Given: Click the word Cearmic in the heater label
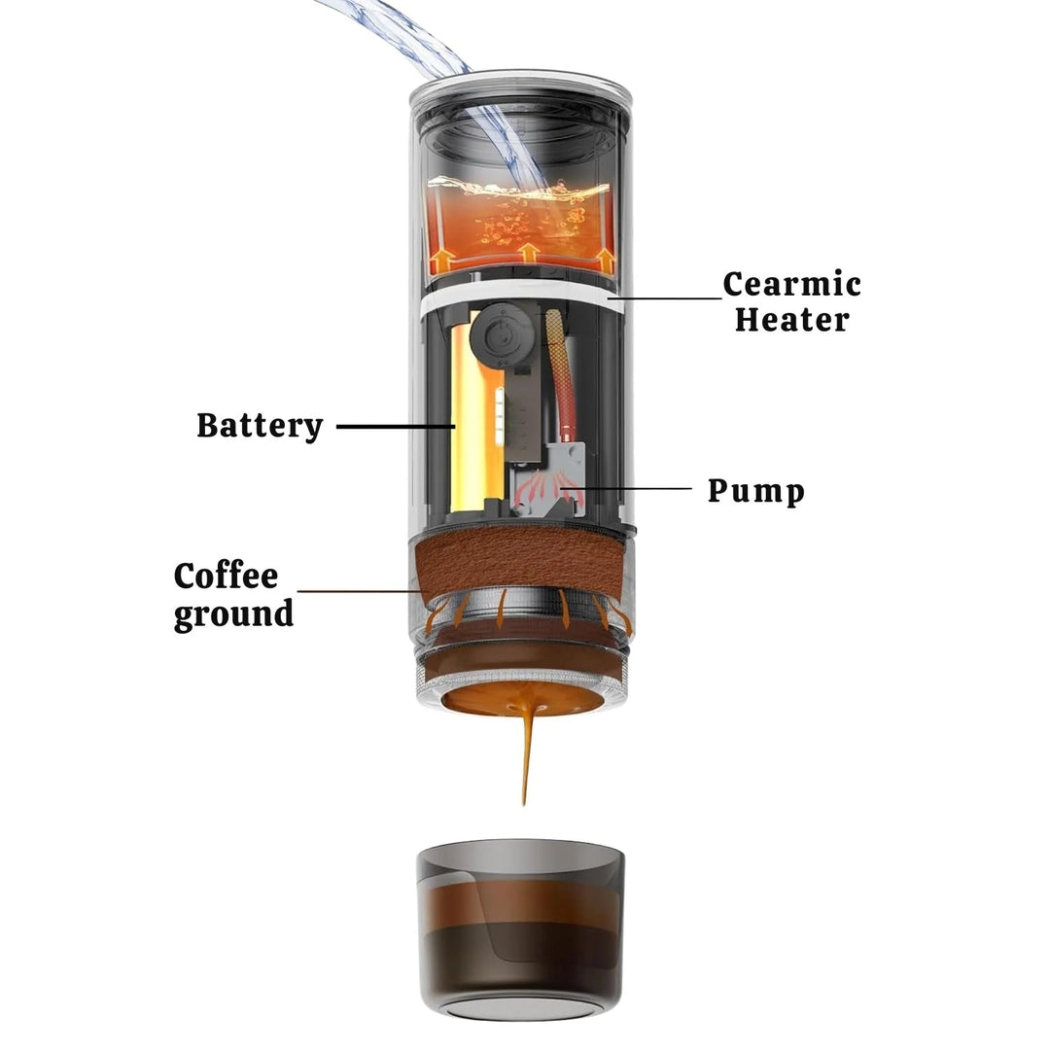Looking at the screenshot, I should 791,285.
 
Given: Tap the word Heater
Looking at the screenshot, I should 791,319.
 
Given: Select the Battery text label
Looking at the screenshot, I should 260,426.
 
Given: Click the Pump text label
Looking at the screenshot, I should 755,490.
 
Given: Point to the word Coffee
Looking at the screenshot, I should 226,576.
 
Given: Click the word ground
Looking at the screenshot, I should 233,614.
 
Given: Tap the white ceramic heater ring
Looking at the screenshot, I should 515,292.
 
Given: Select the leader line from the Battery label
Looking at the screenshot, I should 394,426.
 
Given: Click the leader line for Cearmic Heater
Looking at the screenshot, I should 671,297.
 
